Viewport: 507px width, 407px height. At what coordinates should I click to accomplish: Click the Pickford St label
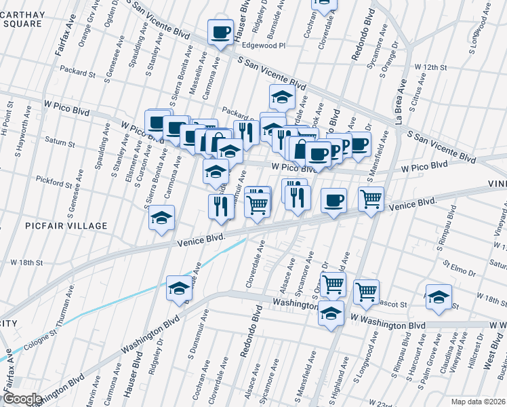(x=55, y=183)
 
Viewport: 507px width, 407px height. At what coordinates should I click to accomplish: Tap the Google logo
(x=22, y=399)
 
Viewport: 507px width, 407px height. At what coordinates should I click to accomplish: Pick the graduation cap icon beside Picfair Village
(x=162, y=218)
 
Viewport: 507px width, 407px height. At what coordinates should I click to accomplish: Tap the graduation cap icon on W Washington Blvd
(x=331, y=314)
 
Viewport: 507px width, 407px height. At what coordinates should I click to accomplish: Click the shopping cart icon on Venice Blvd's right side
(x=371, y=199)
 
